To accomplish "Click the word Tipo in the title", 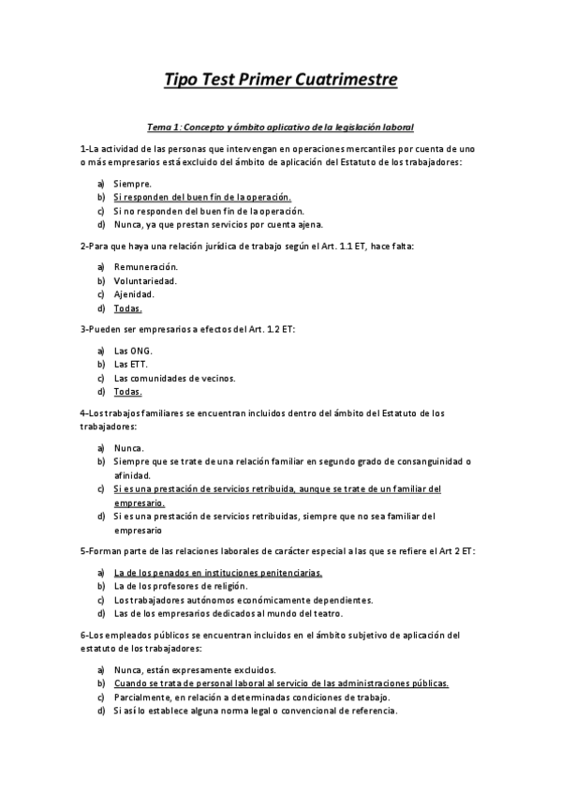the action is pos(185,79).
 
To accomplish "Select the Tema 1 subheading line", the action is pos(281,126).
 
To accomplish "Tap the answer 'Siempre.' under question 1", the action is pos(132,184).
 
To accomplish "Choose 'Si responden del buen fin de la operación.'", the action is pos(202,198).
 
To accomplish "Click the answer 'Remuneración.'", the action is pos(145,267).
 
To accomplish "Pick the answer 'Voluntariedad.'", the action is pos(144,280).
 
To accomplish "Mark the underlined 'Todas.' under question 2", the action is pos(127,308).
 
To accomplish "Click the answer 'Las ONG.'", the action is pos(132,351).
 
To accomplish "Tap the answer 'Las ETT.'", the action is pos(130,364).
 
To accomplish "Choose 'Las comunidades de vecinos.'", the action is pos(175,378).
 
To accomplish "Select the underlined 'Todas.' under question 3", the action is pos(127,392).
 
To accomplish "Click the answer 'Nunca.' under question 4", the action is pos(129,447).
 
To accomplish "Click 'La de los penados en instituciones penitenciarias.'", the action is pos(218,572).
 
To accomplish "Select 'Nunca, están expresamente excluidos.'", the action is pos(195,669).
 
